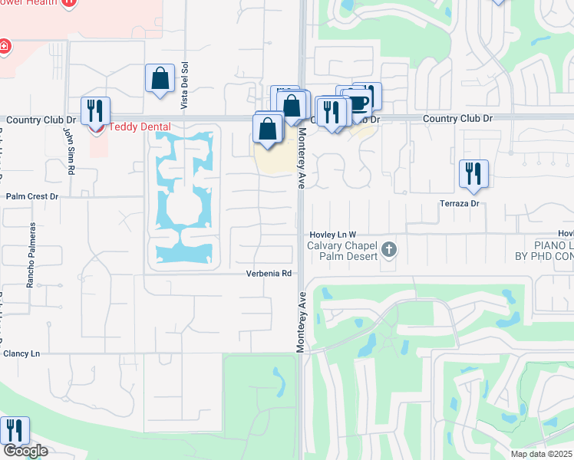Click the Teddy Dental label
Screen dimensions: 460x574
click(x=139, y=127)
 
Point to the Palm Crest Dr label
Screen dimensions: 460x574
click(x=32, y=196)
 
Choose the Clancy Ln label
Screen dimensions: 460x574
click(x=21, y=353)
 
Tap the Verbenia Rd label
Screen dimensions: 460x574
click(x=269, y=273)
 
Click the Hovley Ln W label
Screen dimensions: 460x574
click(x=333, y=235)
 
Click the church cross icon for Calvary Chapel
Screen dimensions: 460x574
click(x=389, y=249)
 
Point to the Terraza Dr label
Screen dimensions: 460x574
click(x=460, y=203)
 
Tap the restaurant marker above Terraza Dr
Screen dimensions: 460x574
click(x=473, y=172)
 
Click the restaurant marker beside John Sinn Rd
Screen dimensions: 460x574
click(x=95, y=110)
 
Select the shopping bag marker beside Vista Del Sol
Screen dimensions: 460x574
click(x=160, y=78)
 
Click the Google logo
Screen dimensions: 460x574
click(x=25, y=451)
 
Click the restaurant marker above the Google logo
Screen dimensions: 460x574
click(x=15, y=430)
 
